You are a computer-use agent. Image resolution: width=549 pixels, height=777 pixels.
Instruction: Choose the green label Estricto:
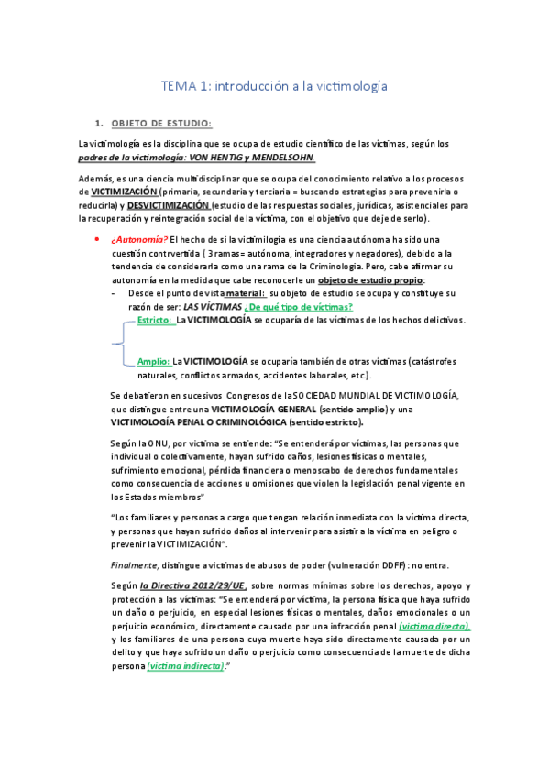[155, 320]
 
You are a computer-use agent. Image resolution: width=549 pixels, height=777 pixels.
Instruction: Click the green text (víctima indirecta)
[185, 667]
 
